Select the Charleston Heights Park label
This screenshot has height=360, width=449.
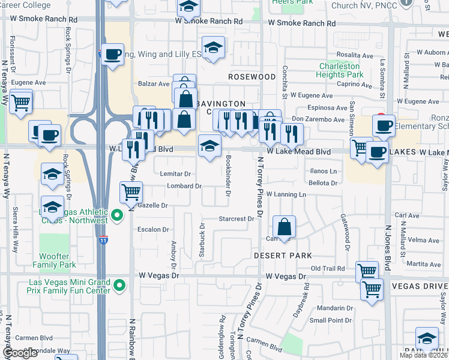click(341, 70)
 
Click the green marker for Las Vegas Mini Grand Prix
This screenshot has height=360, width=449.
click(119, 284)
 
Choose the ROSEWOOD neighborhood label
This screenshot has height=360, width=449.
click(252, 77)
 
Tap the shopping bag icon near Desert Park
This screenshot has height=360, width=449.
click(285, 227)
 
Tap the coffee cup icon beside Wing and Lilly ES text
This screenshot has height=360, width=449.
click(112, 55)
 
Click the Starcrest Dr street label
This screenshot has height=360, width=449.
click(237, 219)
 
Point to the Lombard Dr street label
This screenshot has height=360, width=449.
click(184, 186)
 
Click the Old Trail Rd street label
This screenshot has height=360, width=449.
click(328, 268)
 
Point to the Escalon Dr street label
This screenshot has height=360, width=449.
click(154, 229)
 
